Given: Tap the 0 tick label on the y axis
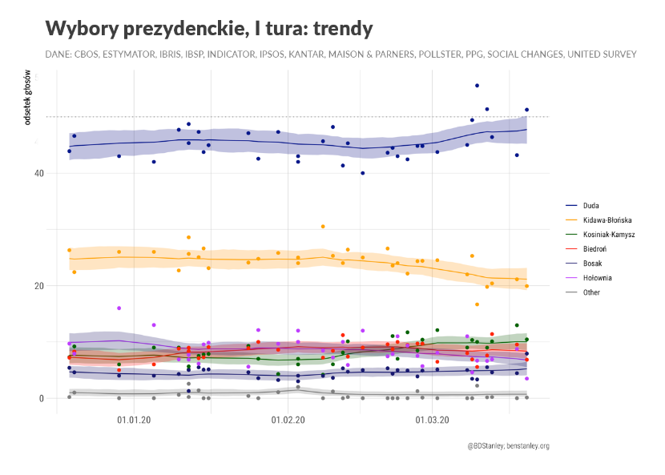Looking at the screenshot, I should (x=41, y=398).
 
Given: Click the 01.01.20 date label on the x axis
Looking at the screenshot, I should (x=134, y=418).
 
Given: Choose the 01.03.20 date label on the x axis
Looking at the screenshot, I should (x=431, y=418).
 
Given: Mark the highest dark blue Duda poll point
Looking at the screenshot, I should (x=477, y=85).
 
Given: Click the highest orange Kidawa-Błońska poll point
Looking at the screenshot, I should (x=323, y=227).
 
